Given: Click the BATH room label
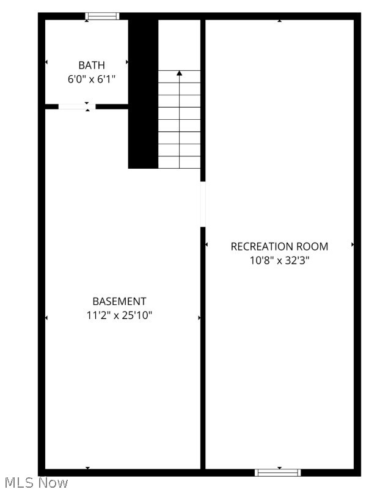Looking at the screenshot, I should (x=92, y=65).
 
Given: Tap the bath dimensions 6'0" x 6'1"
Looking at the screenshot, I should (x=92, y=79).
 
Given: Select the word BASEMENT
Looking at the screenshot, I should (x=119, y=301).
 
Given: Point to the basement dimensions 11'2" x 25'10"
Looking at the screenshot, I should (x=119, y=315).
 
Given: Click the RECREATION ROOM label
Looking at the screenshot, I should (x=279, y=246).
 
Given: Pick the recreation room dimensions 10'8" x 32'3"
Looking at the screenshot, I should (x=279, y=260).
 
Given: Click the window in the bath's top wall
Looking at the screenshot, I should (x=102, y=16).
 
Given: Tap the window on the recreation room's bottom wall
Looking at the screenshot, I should (x=277, y=472).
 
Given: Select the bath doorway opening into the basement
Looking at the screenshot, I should (x=77, y=106).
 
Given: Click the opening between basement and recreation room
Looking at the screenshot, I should (x=203, y=204).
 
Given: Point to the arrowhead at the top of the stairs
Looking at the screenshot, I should (x=180, y=73).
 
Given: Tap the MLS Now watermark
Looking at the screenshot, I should (x=35, y=483).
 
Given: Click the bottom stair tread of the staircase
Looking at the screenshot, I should (x=180, y=162).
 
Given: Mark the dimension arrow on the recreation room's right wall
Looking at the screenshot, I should (x=353, y=244).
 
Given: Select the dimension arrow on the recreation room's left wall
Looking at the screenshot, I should (x=206, y=244).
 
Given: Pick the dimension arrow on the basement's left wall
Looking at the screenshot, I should (x=46, y=318).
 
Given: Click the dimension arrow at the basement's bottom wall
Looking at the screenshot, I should (x=88, y=468).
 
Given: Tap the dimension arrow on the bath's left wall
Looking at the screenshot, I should (x=46, y=62).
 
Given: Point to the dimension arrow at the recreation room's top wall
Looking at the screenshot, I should (x=280, y=21).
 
